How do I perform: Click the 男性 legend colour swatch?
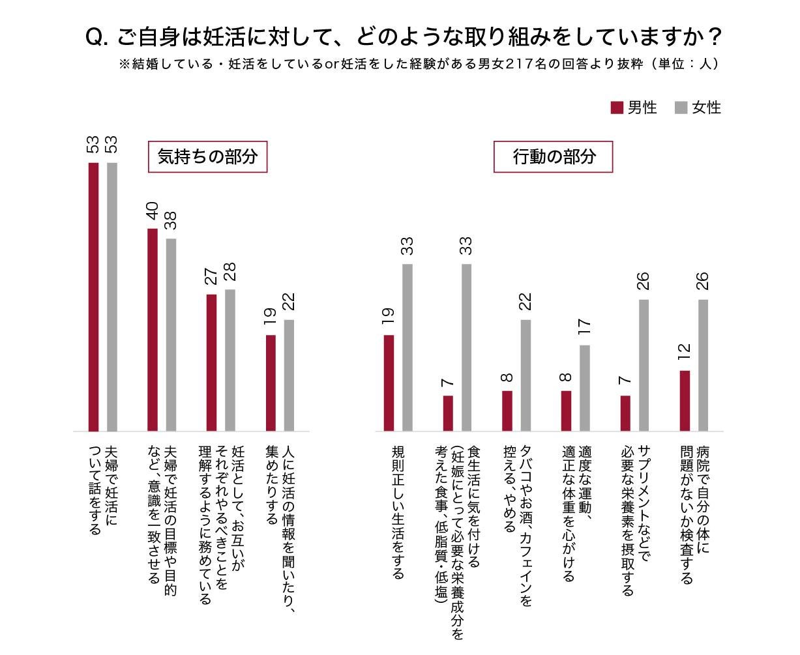tap(617, 108)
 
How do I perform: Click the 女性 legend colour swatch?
tap(681, 108)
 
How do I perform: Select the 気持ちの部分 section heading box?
tap(208, 157)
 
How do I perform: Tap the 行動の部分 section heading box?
tap(553, 157)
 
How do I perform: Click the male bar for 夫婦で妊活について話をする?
tap(93, 297)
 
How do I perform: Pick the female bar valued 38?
tap(171, 334)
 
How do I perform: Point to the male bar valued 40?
tap(153, 329)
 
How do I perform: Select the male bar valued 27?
tap(211, 362)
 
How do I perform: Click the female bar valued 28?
tap(230, 360)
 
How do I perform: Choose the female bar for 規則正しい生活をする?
tap(407, 347)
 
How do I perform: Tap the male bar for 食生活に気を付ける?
tap(448, 413)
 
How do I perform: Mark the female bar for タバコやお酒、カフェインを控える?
tap(526, 375)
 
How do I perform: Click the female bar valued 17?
tap(585, 388)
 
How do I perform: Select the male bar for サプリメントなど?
tap(625, 413)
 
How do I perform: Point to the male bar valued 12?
tap(685, 401)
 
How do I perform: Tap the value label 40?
tap(152, 211)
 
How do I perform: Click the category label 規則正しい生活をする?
tap(398, 512)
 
